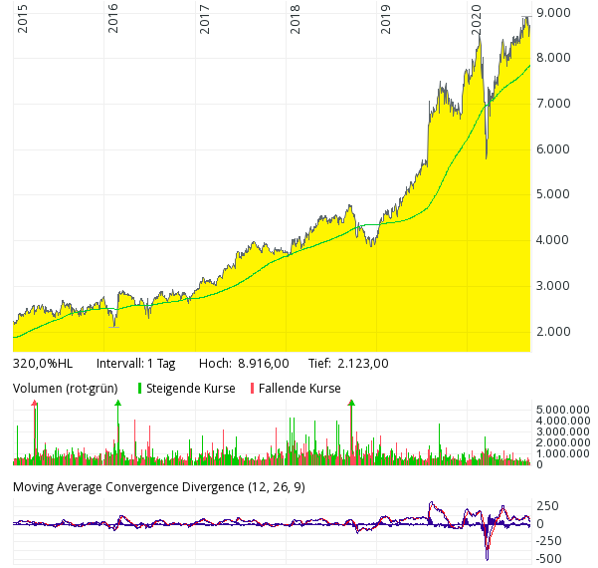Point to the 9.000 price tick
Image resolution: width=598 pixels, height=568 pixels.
click(x=553, y=12)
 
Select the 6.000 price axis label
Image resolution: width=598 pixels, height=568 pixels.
click(x=553, y=149)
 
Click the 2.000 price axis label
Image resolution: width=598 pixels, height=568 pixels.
click(x=553, y=332)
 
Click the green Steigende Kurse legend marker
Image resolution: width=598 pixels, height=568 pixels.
click(x=139, y=389)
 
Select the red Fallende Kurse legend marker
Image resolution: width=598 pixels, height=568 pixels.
click(x=252, y=389)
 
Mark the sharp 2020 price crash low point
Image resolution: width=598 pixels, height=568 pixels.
click(x=487, y=157)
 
